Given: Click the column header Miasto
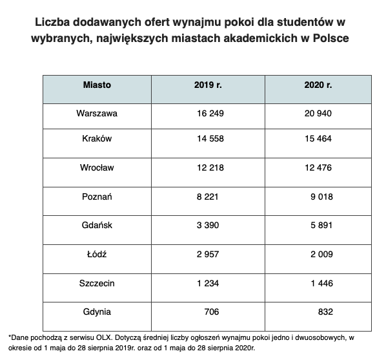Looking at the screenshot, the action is (x=97, y=85).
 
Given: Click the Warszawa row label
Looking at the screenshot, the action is (x=97, y=113).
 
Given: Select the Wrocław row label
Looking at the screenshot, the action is (x=97, y=168).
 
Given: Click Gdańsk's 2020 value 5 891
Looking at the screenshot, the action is (x=320, y=226).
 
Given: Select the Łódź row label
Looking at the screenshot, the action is (x=97, y=254).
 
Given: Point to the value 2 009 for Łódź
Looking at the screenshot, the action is (x=320, y=254).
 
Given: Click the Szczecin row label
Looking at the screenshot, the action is (x=97, y=283).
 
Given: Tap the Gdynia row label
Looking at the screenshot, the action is (x=97, y=312).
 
